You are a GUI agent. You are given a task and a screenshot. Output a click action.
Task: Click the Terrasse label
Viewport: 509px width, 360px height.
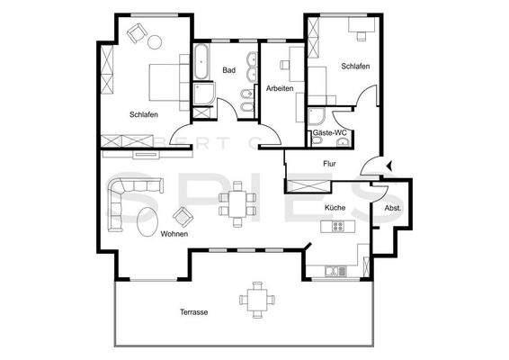(194, 312)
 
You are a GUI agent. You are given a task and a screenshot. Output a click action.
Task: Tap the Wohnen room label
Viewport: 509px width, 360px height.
(174, 234)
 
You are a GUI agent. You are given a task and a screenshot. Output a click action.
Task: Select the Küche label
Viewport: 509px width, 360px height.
(335, 208)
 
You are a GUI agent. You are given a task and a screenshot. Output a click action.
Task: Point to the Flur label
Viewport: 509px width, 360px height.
(329, 164)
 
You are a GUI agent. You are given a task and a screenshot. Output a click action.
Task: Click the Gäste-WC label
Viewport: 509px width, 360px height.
(330, 133)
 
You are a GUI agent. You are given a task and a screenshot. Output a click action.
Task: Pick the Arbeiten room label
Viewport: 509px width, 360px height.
(280, 88)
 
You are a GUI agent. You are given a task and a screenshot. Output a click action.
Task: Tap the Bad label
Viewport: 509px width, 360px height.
(229, 70)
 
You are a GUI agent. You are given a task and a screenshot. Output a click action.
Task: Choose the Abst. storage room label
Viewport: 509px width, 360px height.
(393, 208)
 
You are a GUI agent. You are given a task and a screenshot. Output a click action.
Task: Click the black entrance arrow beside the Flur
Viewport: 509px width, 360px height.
(389, 166)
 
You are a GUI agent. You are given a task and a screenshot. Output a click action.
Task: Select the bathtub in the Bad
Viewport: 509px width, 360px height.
(201, 61)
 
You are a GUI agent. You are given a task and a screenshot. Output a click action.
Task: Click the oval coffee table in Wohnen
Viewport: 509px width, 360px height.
(147, 221)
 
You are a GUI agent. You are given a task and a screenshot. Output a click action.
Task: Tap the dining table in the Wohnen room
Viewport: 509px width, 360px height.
(237, 204)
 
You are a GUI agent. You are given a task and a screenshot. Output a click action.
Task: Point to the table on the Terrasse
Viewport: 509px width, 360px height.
(257, 300)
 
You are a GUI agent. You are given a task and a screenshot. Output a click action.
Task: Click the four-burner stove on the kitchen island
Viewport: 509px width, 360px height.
(337, 226)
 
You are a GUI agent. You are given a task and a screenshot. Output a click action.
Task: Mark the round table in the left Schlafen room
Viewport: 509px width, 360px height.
(155, 41)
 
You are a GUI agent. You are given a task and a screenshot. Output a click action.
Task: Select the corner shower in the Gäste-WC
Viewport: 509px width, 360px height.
(316, 117)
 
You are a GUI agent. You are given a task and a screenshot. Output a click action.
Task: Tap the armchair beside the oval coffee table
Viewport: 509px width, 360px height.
(183, 216)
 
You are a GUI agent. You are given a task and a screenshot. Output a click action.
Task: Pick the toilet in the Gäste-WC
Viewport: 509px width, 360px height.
(317, 141)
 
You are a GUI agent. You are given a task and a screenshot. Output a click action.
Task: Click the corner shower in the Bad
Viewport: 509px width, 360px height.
(204, 94)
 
